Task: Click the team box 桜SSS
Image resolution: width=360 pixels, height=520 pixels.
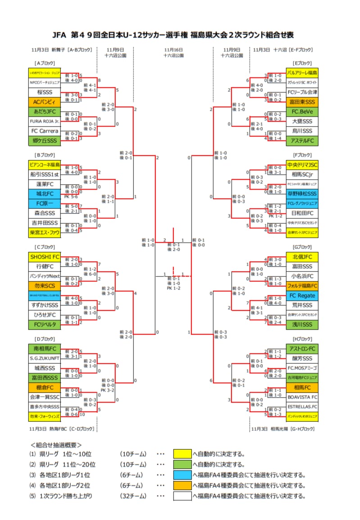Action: pyautogui.click(x=44, y=92)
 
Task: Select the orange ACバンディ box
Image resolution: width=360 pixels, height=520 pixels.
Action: pyautogui.click(x=44, y=102)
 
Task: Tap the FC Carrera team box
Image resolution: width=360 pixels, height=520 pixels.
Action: pyautogui.click(x=44, y=131)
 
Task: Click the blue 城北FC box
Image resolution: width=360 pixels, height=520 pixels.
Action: pyautogui.click(x=44, y=194)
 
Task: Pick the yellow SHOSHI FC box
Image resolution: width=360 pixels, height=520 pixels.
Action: pyautogui.click(x=44, y=257)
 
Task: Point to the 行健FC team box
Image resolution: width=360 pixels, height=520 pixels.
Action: pyautogui.click(x=44, y=266)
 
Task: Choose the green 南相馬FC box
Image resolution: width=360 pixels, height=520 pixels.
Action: pyautogui.click(x=44, y=348)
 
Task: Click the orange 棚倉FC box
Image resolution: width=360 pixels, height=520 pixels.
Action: pyautogui.click(x=44, y=387)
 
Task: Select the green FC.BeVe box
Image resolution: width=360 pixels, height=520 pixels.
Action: pyautogui.click(x=302, y=111)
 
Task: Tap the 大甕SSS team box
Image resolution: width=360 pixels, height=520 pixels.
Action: pyautogui.click(x=302, y=121)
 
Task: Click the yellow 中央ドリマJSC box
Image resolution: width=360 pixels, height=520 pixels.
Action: pyautogui.click(x=302, y=164)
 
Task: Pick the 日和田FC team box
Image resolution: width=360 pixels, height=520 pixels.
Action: pyautogui.click(x=302, y=213)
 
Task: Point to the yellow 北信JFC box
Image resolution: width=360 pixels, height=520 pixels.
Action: pyautogui.click(x=302, y=257)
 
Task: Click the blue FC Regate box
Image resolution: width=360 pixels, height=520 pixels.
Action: pyautogui.click(x=302, y=295)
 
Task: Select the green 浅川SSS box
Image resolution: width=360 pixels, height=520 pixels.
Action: pyautogui.click(x=302, y=324)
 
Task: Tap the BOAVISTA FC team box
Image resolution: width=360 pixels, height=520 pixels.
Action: pyautogui.click(x=302, y=397)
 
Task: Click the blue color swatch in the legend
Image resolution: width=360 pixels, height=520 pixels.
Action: pyautogui.click(x=182, y=475)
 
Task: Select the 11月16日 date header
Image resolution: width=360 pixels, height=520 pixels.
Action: pyautogui.click(x=173, y=50)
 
